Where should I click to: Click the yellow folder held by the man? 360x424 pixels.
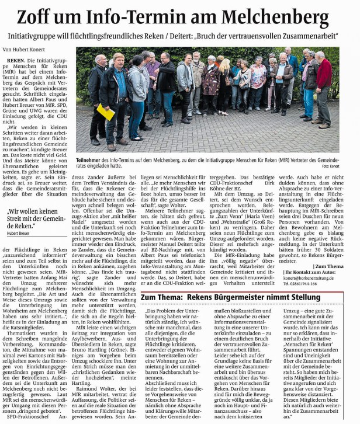(x=106, y=112)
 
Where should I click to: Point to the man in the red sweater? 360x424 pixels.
(x=323, y=88)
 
